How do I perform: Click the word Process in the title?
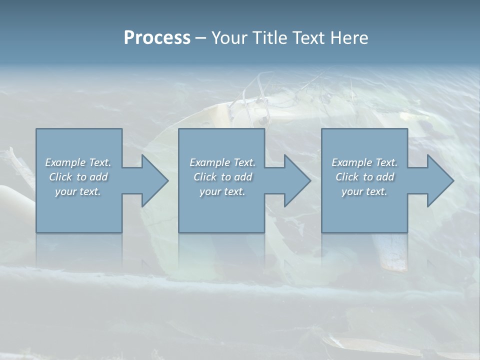157,38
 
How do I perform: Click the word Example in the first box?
65,162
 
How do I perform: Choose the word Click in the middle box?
205,177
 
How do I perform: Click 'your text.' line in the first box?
78,191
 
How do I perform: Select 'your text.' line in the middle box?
222,191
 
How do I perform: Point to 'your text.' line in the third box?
364,191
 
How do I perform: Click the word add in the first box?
99,177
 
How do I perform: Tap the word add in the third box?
386,177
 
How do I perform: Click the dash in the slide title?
201,38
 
